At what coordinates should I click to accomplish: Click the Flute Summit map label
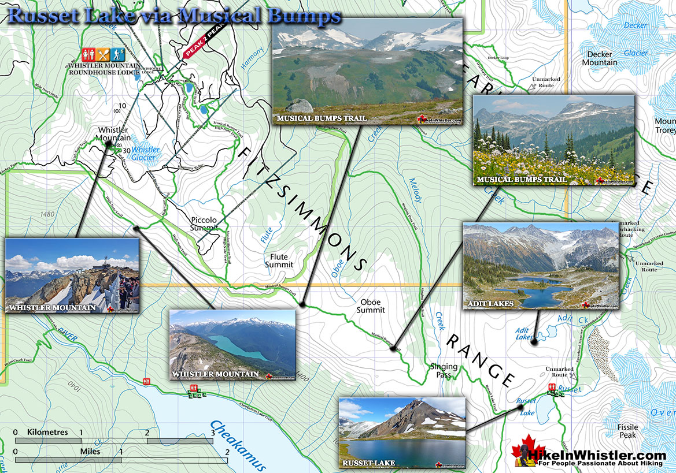(x=279, y=260)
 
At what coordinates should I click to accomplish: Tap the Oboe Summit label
(x=371, y=306)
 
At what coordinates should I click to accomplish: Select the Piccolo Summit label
(x=204, y=224)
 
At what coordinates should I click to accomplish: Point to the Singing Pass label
(x=444, y=371)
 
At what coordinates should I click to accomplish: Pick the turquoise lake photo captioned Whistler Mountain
(x=232, y=345)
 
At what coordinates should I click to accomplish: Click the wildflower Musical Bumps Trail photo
(x=553, y=140)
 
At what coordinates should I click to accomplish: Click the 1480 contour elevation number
(x=48, y=214)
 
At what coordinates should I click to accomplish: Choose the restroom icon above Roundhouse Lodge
(x=88, y=54)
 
